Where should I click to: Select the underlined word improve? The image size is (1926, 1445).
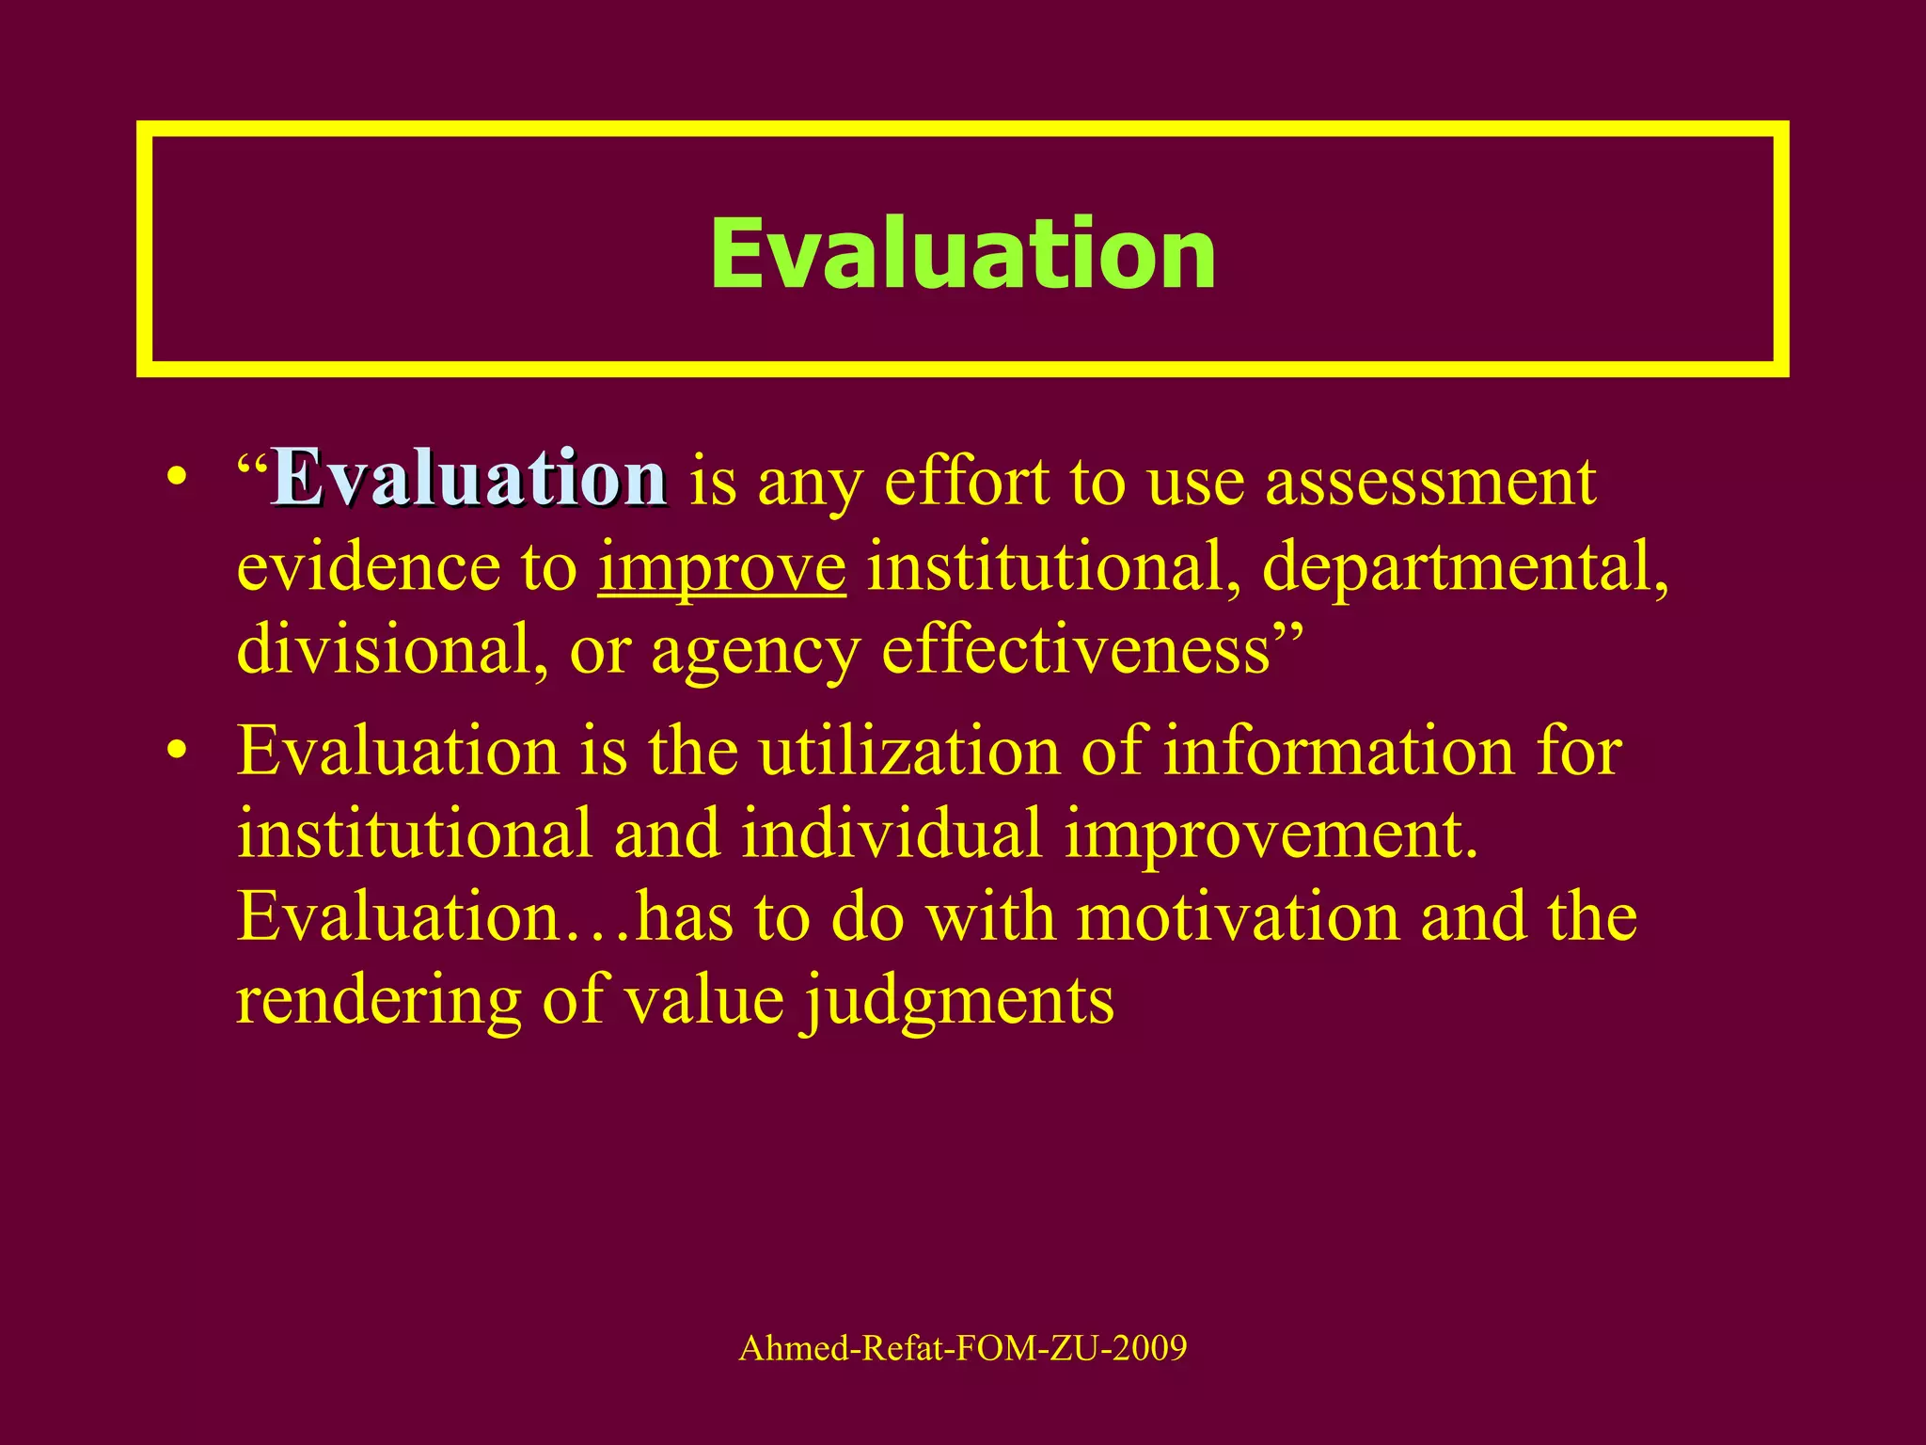tap(721, 567)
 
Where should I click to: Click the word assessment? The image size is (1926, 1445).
tap(1430, 482)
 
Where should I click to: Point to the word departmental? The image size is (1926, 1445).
tap(1464, 567)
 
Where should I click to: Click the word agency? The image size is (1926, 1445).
tap(755, 652)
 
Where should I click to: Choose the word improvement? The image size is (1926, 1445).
tap(1271, 834)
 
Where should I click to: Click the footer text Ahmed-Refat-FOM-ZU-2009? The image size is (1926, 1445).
tap(962, 1348)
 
